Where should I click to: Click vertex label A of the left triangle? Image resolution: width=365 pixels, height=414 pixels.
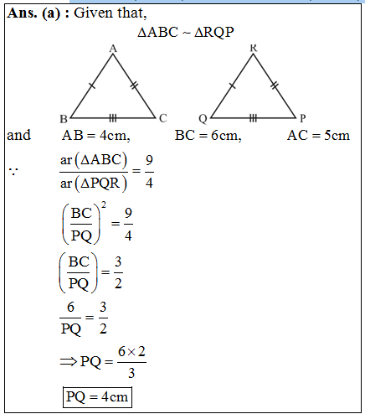point(113,49)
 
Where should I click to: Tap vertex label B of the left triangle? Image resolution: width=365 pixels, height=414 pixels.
point(64,119)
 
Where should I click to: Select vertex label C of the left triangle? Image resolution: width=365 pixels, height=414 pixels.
point(163,118)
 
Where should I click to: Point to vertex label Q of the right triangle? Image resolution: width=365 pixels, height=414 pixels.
point(203,119)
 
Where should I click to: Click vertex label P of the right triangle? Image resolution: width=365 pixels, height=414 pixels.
point(303,118)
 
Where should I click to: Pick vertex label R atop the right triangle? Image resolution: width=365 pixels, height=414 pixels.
point(253,48)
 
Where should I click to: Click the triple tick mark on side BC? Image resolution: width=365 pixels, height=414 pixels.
point(112,118)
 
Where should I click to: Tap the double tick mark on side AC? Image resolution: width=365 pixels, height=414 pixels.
point(134,85)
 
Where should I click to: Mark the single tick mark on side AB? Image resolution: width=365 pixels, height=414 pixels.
point(92,85)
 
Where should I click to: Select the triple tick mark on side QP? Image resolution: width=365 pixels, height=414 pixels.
point(253,118)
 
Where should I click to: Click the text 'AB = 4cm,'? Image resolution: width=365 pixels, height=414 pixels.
point(96,136)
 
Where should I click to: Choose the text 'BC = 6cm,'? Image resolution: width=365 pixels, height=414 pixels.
point(208,136)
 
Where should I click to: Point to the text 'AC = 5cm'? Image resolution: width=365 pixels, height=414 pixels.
point(318,136)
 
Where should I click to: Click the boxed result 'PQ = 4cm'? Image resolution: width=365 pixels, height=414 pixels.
point(97,397)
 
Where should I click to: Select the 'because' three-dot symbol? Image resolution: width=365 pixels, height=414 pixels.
point(13,172)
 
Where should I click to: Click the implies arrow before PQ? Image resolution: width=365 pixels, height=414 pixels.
point(69,362)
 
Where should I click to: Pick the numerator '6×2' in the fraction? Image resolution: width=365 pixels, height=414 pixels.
point(131,352)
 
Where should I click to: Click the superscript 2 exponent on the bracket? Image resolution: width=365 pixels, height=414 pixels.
point(104,205)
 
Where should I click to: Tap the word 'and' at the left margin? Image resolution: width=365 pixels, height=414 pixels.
point(19,135)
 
